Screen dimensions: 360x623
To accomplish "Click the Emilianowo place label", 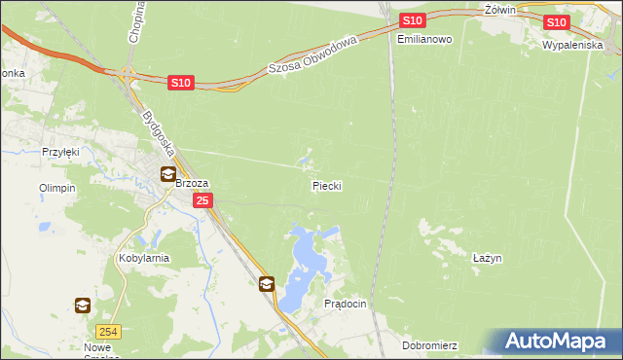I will (x=425, y=39).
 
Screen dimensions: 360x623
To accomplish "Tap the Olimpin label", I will (x=56, y=188).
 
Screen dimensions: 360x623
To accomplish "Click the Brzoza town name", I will (x=194, y=182).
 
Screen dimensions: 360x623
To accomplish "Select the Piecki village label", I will (x=326, y=184).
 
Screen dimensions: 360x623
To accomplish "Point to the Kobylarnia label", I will (x=144, y=258).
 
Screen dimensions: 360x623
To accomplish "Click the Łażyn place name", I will (x=487, y=258).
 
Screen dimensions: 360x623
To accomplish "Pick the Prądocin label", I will (x=345, y=304).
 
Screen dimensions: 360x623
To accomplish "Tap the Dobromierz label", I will (x=429, y=345).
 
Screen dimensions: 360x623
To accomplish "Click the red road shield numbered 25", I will (x=202, y=200).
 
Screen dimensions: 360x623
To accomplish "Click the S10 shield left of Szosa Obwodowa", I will (x=180, y=85).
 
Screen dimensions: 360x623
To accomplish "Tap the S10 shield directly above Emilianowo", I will (x=412, y=20).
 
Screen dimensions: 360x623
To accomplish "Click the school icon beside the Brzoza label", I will (x=168, y=175).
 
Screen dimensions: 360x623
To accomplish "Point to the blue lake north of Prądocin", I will (x=308, y=256).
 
